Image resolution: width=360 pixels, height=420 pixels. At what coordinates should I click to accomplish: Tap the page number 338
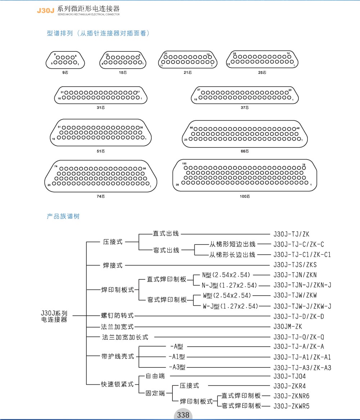(183, 415)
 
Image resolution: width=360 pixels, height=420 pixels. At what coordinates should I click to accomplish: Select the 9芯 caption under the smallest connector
(65, 73)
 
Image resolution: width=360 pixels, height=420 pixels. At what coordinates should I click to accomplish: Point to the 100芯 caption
(245, 196)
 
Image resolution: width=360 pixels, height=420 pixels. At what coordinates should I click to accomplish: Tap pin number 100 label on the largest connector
(184, 164)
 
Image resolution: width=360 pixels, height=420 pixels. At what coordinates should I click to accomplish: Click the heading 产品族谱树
(63, 216)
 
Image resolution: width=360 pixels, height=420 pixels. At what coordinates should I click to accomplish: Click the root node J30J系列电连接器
(54, 316)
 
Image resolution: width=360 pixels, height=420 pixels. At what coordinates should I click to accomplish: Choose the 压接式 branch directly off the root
(113, 242)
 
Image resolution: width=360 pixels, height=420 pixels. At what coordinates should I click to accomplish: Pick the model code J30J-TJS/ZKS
(295, 265)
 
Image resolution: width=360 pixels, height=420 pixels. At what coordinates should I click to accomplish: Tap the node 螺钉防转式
(117, 316)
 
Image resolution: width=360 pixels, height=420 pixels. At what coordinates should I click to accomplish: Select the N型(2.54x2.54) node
(226, 275)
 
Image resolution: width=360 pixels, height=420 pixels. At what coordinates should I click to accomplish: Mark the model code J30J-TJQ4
(290, 376)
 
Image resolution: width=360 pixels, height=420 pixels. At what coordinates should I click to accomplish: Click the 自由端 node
(155, 376)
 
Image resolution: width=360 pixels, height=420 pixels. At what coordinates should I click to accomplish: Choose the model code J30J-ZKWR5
(292, 406)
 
